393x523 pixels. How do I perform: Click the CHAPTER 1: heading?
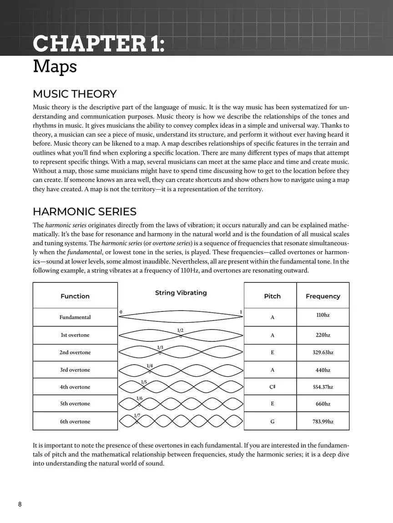pos(99,44)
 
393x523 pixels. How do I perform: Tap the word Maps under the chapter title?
pos(55,67)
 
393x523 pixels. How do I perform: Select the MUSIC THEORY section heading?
pos(75,94)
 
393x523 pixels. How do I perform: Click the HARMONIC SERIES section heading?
pos(85,212)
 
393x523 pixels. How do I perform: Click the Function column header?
pos(75,296)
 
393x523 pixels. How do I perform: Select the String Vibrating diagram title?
pos(181,293)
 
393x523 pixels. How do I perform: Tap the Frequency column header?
pos(322,296)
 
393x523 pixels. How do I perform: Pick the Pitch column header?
pos(272,296)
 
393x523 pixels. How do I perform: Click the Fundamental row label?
pos(75,317)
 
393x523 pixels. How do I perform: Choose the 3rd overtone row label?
pos(75,370)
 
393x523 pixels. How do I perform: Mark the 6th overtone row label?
pos(75,422)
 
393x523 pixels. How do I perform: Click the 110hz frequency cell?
pos(322,315)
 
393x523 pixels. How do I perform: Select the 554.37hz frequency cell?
pos(322,387)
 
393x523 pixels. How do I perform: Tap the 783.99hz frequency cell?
pos(322,422)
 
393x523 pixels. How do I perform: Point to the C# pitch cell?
pos(272,387)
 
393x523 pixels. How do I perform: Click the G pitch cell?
pos(272,422)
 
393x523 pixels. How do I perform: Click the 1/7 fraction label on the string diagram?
pos(137,416)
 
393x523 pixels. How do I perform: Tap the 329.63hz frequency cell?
pos(322,352)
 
